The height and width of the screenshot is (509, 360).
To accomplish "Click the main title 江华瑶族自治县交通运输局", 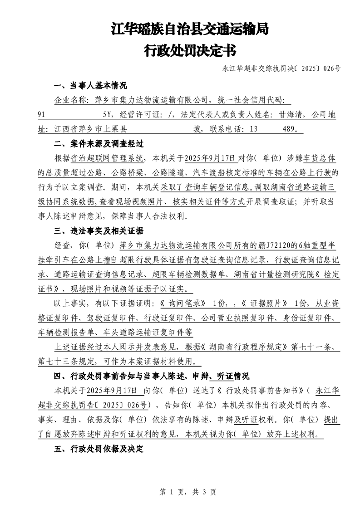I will tap(190, 30).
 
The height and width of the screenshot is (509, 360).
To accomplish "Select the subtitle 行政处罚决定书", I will tap(190, 50).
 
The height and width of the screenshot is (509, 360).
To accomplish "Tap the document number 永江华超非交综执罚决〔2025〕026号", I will tap(281, 69).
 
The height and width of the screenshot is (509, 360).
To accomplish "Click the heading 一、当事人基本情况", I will tap(90, 86).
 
